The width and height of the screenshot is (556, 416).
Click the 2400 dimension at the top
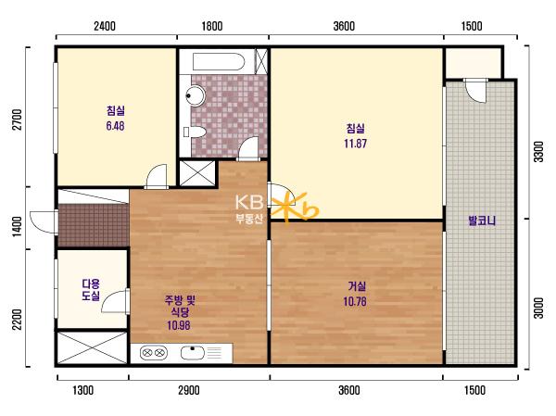point(105,26)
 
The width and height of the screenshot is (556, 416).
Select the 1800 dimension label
point(212,26)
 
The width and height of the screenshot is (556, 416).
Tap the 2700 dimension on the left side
point(17,120)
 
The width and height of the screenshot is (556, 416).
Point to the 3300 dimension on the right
point(538,152)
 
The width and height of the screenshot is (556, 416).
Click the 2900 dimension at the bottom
point(189,390)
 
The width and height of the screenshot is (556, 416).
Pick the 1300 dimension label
point(83,390)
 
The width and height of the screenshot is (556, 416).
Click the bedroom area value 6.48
point(115,126)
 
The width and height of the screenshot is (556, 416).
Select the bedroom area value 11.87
point(355,144)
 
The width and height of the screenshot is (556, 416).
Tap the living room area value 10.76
point(355,301)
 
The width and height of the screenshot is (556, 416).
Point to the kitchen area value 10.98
point(179,325)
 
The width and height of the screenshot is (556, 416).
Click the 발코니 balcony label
point(482,221)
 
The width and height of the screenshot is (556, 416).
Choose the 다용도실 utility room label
point(91,289)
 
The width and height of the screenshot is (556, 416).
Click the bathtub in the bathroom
point(219,62)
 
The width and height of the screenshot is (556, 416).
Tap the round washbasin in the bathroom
point(196,95)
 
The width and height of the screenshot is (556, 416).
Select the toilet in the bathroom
point(195,132)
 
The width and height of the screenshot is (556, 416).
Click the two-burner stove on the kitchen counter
point(154,353)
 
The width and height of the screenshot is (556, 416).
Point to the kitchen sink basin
point(193,353)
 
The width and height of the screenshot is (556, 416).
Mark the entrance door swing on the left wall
point(44,221)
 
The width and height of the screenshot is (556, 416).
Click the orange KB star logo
point(295,208)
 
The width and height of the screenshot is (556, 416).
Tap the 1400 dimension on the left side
point(17,226)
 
